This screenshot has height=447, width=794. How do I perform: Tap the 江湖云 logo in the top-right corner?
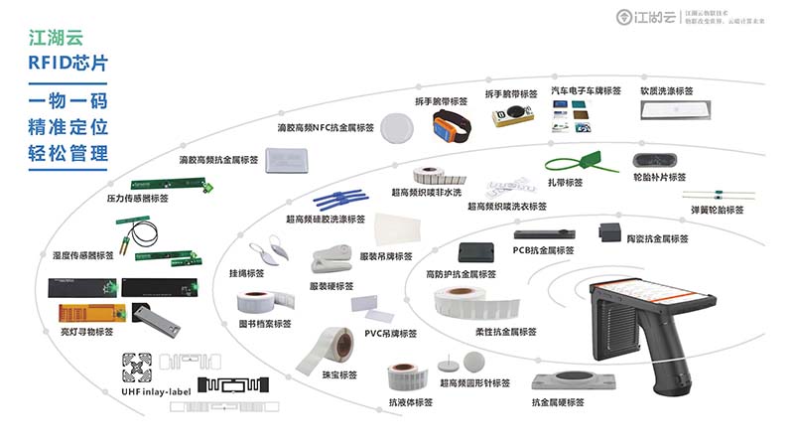(x=644, y=16)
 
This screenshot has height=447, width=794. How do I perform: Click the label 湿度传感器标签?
(x=84, y=256)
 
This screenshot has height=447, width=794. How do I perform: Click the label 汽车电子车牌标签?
(x=586, y=91)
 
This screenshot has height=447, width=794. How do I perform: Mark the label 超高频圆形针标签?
(x=474, y=382)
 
